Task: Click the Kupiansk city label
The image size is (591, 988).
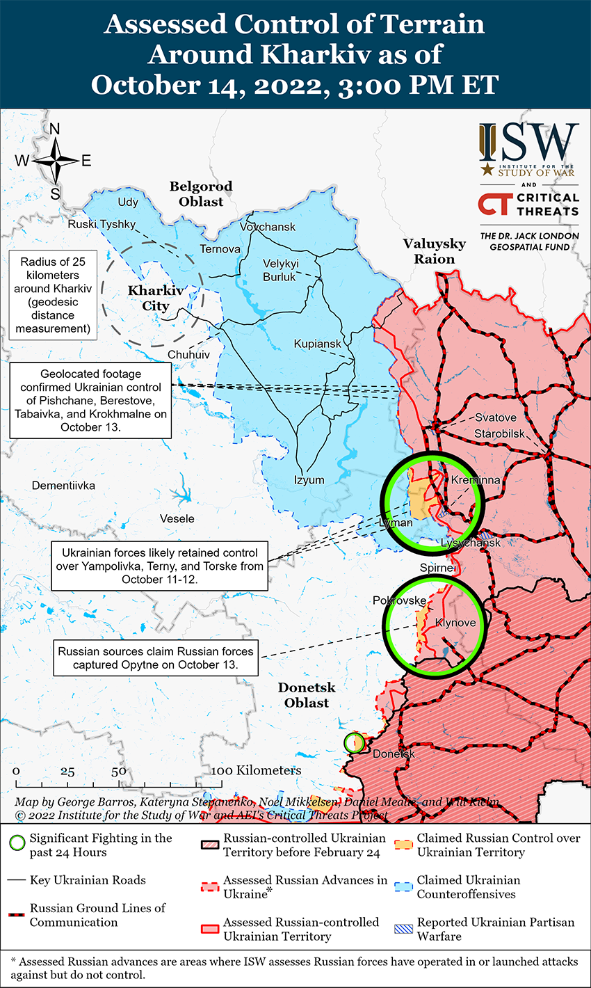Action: (x=318, y=344)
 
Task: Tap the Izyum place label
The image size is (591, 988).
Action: (x=309, y=480)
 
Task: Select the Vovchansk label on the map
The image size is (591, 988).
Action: (x=268, y=227)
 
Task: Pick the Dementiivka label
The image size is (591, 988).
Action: (x=63, y=485)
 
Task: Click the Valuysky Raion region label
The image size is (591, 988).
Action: (x=435, y=251)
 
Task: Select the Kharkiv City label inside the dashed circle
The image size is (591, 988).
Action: (x=156, y=298)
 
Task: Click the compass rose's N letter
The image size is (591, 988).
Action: (x=55, y=129)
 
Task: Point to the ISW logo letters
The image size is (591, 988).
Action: (x=529, y=143)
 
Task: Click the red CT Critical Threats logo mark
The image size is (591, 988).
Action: (x=494, y=205)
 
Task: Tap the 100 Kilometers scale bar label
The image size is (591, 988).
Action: (x=257, y=770)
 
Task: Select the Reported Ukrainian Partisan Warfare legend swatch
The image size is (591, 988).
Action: (x=403, y=929)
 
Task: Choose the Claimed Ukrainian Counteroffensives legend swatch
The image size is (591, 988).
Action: (x=403, y=887)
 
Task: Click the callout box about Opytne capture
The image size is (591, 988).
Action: (x=156, y=658)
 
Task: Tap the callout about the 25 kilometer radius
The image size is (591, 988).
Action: (x=52, y=295)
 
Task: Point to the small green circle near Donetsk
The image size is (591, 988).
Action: (x=354, y=742)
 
